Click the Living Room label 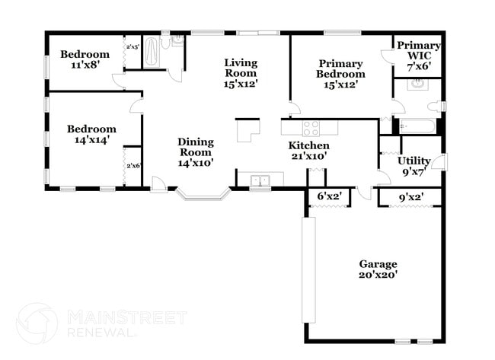[240, 73]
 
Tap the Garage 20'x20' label [378, 269]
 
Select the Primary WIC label [418, 56]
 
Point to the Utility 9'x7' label [414, 166]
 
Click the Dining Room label [195, 151]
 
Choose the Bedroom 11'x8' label [85, 59]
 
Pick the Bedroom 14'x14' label [91, 135]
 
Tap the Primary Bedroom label [341, 74]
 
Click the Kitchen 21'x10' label [308, 151]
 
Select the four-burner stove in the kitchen [311, 128]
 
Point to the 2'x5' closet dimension [133, 47]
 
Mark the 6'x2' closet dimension [329, 197]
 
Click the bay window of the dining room [203, 196]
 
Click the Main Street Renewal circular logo [37, 323]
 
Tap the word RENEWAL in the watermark [100, 333]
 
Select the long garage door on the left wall [308, 269]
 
